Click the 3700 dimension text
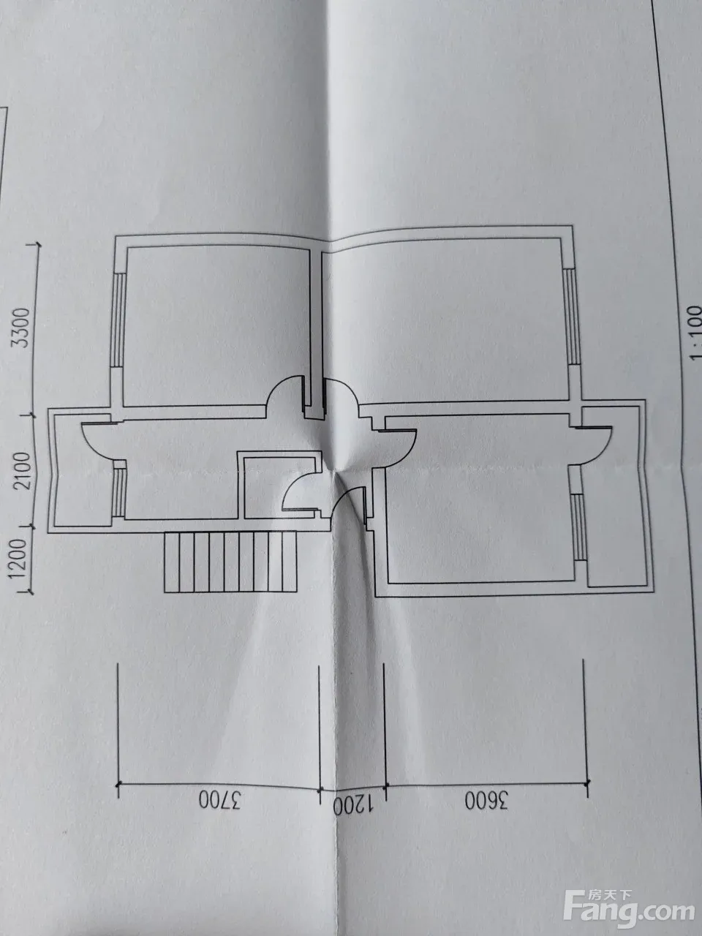tap(219, 802)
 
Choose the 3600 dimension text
tap(486, 801)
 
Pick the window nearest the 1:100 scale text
tap(571, 317)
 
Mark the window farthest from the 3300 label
tap(578, 527)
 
